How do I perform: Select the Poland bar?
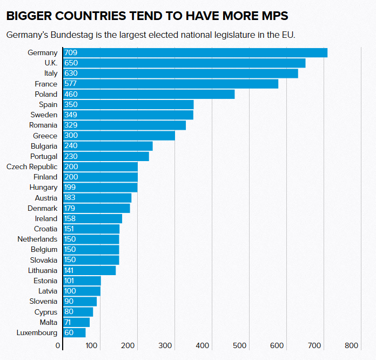149,94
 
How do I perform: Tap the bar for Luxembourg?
75,332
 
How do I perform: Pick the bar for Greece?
119,136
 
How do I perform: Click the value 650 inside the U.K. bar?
71,63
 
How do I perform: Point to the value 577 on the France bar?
71,84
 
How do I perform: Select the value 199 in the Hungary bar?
71,187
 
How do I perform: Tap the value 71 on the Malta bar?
69,322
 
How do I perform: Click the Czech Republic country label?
32,166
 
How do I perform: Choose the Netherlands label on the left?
37,239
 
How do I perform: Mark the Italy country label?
51,73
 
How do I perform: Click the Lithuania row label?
43,270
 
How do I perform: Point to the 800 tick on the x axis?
352,346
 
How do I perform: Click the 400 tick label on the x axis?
203,346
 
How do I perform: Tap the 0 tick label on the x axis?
58,346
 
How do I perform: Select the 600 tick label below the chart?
277,346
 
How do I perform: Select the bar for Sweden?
129,115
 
